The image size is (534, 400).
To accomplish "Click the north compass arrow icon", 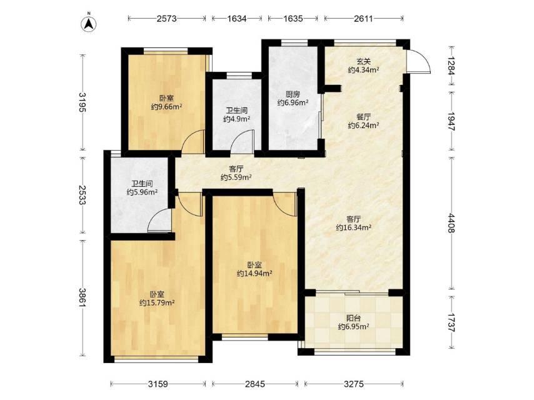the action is point(89,23).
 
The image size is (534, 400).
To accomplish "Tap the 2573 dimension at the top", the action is point(166,18).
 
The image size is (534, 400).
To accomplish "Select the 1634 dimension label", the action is point(237,18).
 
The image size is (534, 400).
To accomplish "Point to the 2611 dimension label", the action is point(363,18).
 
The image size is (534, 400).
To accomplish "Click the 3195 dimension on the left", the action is point(83,102).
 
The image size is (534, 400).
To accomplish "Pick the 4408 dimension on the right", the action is point(451,223).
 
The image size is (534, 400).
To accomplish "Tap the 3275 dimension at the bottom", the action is point(354,384).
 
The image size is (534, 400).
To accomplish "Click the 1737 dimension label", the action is point(451,322).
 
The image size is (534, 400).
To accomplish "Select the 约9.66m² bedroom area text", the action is point(166,107).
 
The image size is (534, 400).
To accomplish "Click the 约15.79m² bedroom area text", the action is point(157,302).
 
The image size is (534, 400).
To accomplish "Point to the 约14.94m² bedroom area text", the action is point(254,273).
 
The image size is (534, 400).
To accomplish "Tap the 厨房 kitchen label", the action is point(293,94).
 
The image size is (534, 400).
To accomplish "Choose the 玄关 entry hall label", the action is point(364,62).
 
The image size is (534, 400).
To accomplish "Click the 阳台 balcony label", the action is point(353,318).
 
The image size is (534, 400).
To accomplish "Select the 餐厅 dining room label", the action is point(364,117).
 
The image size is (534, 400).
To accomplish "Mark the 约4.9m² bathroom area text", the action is point(237,119).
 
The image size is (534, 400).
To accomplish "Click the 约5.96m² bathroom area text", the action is point(142,192).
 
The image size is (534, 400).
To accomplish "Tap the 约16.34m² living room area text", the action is point(353,227).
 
